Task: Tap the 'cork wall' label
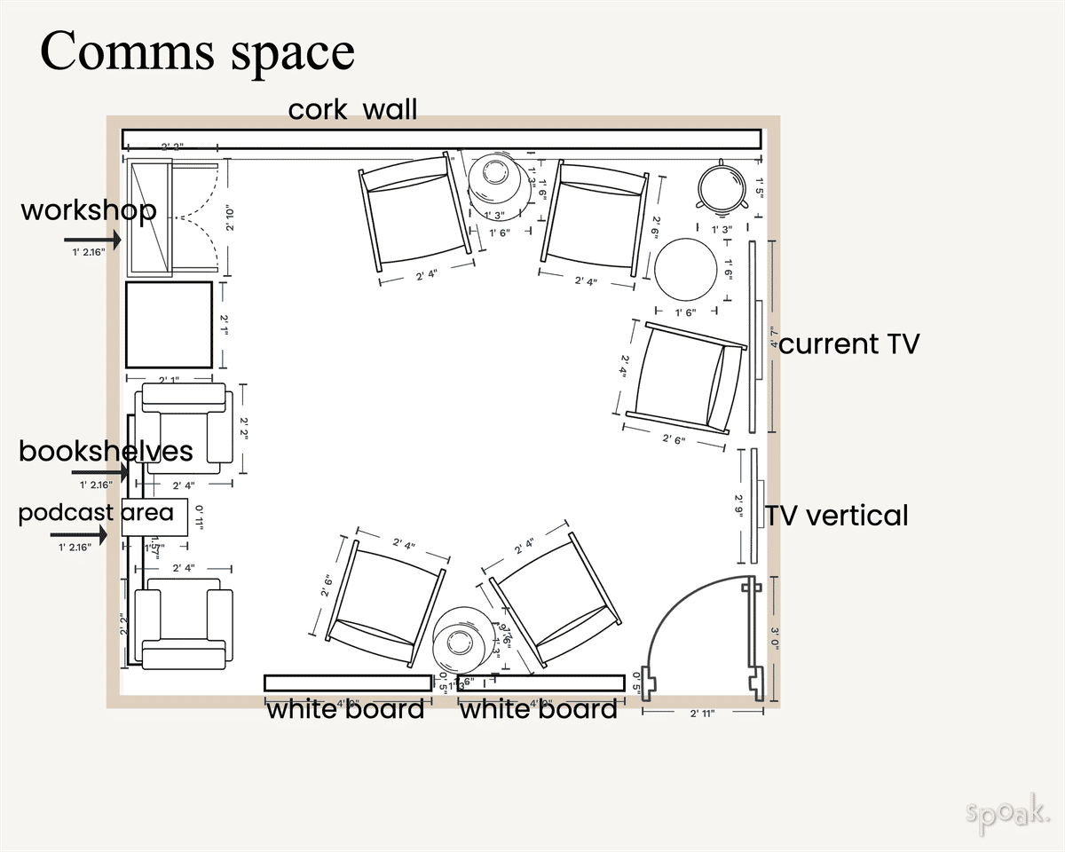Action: pos(352,110)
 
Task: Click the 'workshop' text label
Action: pos(88,211)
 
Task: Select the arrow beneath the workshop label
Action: pos(92,240)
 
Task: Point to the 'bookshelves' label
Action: pos(106,451)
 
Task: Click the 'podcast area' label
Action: pos(96,513)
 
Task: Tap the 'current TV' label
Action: pos(848,344)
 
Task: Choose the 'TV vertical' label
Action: pos(838,516)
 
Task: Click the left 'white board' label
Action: pos(345,709)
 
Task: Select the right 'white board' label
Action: pos(538,709)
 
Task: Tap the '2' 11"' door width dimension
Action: pos(702,713)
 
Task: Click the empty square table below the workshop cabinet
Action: pos(169,324)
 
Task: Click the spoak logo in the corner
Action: pos(1006,811)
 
